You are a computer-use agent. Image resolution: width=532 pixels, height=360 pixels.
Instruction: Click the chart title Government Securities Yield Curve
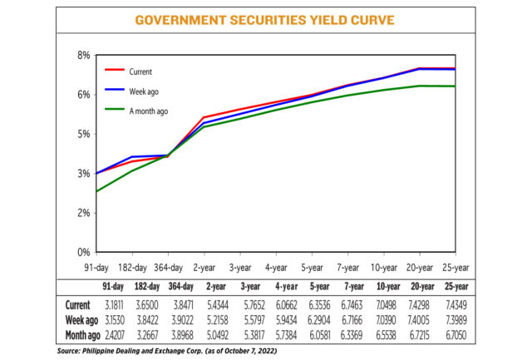(265, 19)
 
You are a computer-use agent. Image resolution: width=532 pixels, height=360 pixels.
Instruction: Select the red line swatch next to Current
(113, 72)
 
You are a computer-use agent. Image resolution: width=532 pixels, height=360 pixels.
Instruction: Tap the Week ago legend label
(145, 90)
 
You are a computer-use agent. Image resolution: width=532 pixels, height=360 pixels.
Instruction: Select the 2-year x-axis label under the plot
(205, 269)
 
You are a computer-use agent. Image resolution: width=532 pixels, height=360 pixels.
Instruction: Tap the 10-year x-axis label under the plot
(383, 269)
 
